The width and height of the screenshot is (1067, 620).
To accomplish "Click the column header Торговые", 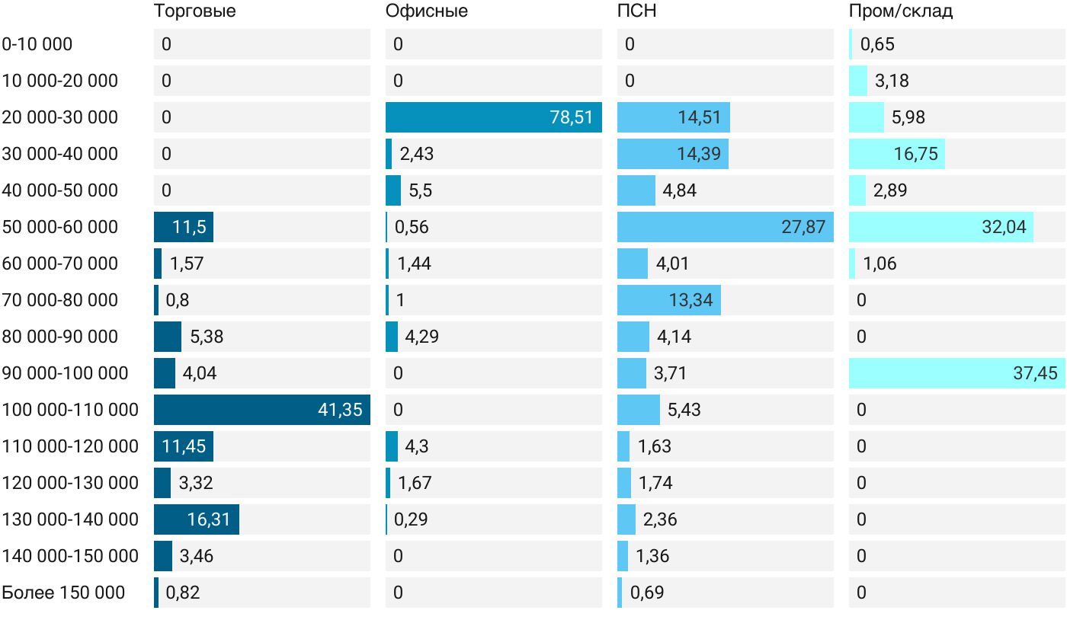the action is click(x=195, y=11).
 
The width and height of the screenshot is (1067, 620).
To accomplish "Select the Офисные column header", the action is click(x=426, y=11).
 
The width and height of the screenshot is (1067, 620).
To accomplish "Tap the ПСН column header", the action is click(x=637, y=11).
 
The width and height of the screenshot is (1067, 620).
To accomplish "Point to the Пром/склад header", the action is click(x=901, y=11).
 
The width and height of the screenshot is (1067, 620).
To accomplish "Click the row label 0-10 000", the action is click(x=37, y=44).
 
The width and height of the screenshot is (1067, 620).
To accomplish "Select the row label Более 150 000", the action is click(x=63, y=593).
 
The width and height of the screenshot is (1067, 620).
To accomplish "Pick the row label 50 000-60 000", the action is click(x=60, y=227).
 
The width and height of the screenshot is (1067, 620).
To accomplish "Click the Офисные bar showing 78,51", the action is click(x=494, y=117).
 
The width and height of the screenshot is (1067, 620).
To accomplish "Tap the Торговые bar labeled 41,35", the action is click(x=262, y=410).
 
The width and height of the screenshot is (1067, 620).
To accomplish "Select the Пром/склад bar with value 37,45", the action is click(x=957, y=373).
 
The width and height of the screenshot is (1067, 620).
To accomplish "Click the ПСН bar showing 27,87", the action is click(x=726, y=227).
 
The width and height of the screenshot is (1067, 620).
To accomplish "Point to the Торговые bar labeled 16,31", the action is click(x=197, y=519).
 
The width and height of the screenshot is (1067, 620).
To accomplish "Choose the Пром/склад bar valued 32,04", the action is click(x=941, y=227).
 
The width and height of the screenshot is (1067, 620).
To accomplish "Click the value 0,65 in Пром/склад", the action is click(x=877, y=44).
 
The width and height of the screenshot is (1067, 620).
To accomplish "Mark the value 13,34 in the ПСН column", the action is click(x=691, y=300).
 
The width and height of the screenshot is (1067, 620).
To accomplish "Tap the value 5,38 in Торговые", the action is click(x=207, y=337).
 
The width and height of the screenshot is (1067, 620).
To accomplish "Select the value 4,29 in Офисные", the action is click(x=422, y=337).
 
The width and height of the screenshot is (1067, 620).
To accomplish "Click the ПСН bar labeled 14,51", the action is click(x=674, y=117).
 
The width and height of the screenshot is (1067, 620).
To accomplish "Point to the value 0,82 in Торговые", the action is click(x=183, y=593).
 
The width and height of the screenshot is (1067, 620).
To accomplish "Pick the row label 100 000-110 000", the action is click(x=70, y=410).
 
